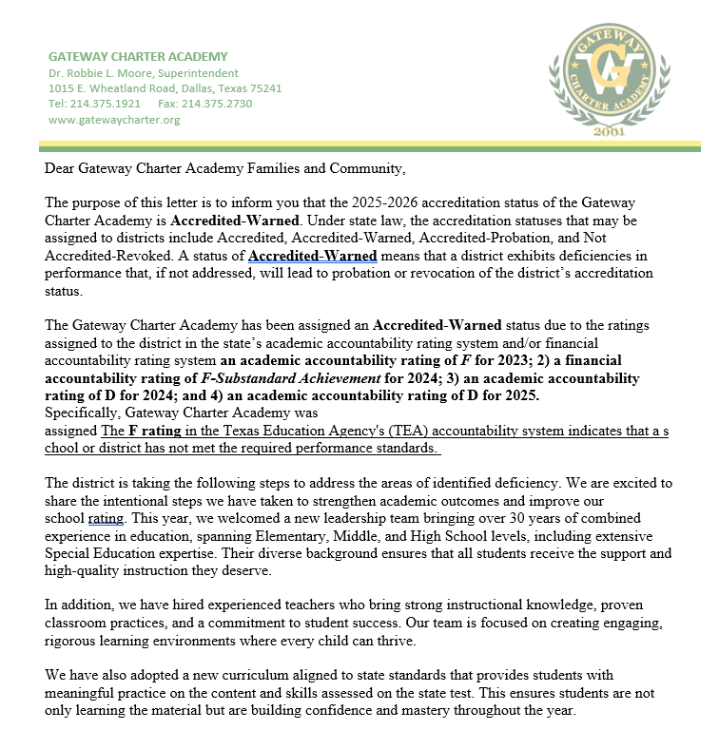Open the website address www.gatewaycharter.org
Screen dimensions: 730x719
(113, 120)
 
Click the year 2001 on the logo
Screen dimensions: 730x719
(609, 130)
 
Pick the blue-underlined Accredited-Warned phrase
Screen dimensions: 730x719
(312, 257)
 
